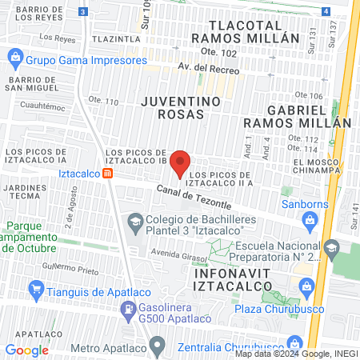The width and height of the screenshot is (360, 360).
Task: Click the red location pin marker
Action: [181, 163]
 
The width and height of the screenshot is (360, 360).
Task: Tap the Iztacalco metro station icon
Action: [118, 173]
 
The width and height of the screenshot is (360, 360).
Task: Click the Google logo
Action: [27, 350]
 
